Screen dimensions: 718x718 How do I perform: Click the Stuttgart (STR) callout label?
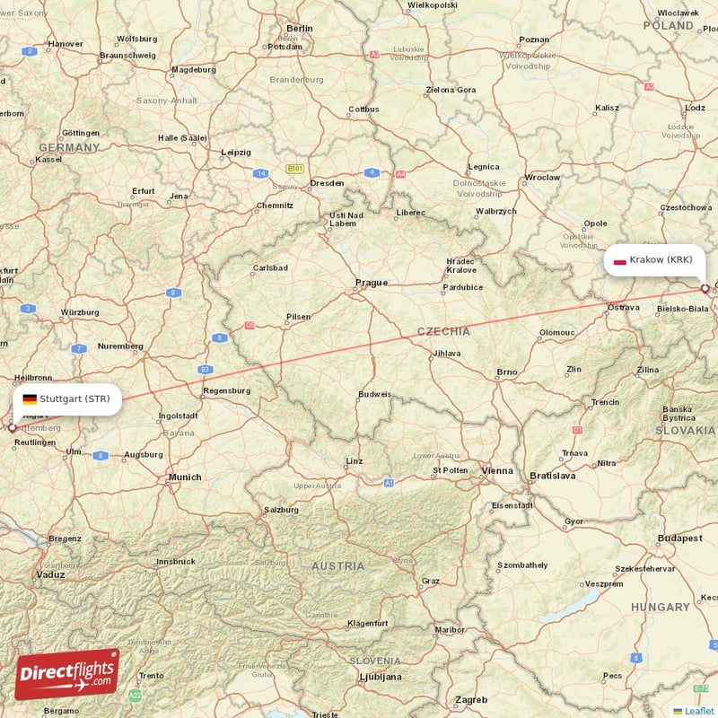[x=66, y=399]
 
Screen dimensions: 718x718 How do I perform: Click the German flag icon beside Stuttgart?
[x=30, y=399]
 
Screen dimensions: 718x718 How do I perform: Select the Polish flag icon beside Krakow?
[x=618, y=261]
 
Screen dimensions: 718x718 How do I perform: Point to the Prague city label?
[x=372, y=283]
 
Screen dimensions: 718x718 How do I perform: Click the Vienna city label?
[x=497, y=470]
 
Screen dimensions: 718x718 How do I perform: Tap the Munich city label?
[x=185, y=477]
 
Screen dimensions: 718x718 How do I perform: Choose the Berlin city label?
[x=299, y=29]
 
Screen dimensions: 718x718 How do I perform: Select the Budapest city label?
[x=679, y=538]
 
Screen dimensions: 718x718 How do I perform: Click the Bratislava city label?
[x=552, y=476]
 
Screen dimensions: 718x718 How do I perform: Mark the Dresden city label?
[x=327, y=183]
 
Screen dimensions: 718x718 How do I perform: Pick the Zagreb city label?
[x=471, y=699]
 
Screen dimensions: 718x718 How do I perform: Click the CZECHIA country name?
[x=443, y=331]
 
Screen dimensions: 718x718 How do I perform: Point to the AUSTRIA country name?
[x=338, y=566]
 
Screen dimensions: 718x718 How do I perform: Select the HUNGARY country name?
[x=660, y=608]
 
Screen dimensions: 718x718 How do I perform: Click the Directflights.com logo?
[x=67, y=673]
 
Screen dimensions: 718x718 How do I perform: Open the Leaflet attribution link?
[x=698, y=711]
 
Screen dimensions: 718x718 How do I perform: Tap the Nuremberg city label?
[x=120, y=346]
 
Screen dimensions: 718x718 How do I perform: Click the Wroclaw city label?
[x=543, y=178]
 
